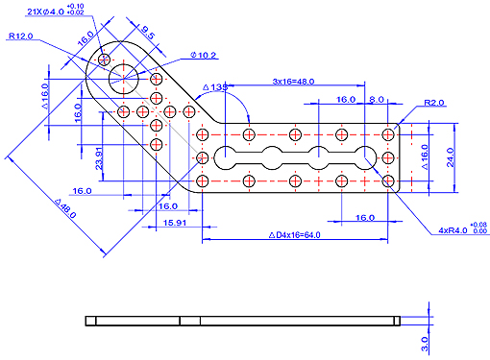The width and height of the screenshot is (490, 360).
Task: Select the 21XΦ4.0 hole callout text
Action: [47, 12]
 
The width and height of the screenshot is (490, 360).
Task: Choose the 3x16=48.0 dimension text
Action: [294, 81]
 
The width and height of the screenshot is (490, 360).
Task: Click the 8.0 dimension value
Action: [376, 99]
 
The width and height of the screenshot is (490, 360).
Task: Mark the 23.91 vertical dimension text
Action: [99, 156]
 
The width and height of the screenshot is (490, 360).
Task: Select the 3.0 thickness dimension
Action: [424, 341]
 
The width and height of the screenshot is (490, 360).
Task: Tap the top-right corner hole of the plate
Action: [389, 134]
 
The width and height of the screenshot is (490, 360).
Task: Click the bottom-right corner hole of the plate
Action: [389, 180]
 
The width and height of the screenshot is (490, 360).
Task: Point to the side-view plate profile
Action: [240, 321]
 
